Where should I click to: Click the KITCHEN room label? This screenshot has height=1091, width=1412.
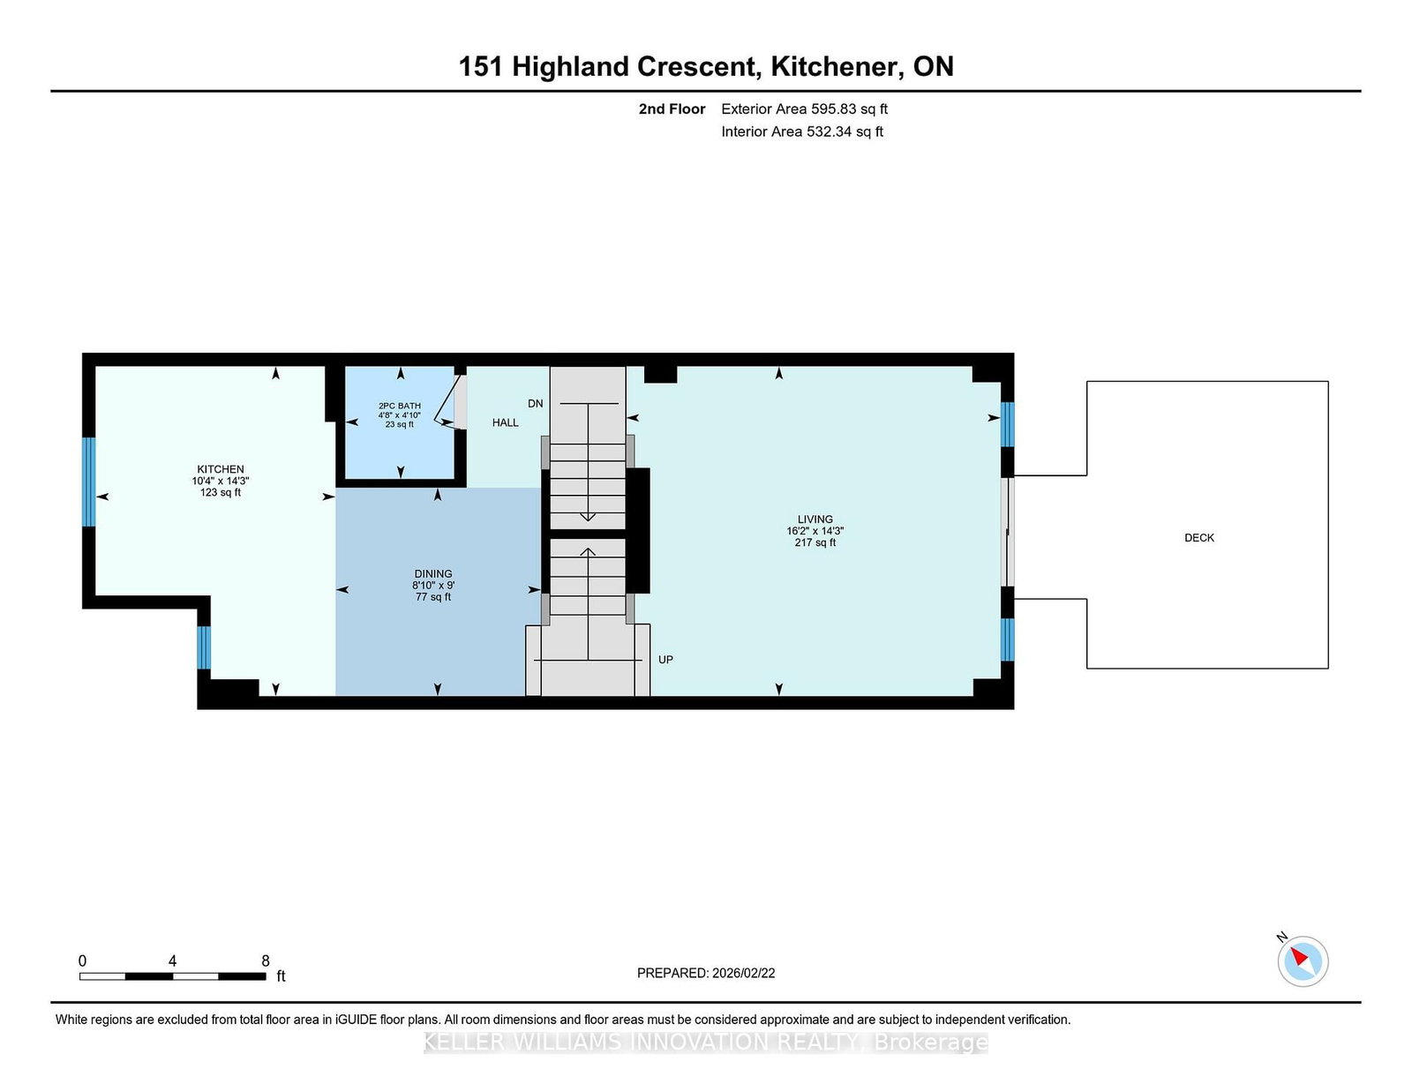point(221,469)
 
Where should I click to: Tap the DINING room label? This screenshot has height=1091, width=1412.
point(432,573)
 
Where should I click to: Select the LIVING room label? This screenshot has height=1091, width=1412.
point(815,519)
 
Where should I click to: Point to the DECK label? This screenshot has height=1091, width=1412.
point(1198,537)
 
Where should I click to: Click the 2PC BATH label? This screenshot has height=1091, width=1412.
point(400,406)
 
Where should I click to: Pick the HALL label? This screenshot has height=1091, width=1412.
point(505,422)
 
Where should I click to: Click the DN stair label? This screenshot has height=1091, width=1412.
point(535,403)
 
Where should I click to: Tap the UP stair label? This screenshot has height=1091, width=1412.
point(665,660)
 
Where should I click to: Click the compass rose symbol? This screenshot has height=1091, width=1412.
point(1303,960)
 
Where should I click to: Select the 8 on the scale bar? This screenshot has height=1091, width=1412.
point(265,960)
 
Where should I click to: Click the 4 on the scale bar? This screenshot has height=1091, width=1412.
point(172,960)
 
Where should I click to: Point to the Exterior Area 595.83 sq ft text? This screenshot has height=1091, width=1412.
point(804,108)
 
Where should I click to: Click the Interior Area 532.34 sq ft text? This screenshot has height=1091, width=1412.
point(801,131)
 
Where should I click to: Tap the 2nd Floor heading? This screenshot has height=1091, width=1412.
point(672,108)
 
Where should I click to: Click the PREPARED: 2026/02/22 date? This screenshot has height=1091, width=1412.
point(706,973)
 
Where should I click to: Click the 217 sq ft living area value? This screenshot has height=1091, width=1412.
point(815,542)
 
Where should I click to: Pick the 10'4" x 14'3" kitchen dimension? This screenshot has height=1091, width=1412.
point(221,481)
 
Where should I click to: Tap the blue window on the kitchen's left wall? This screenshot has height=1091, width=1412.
point(88,482)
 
